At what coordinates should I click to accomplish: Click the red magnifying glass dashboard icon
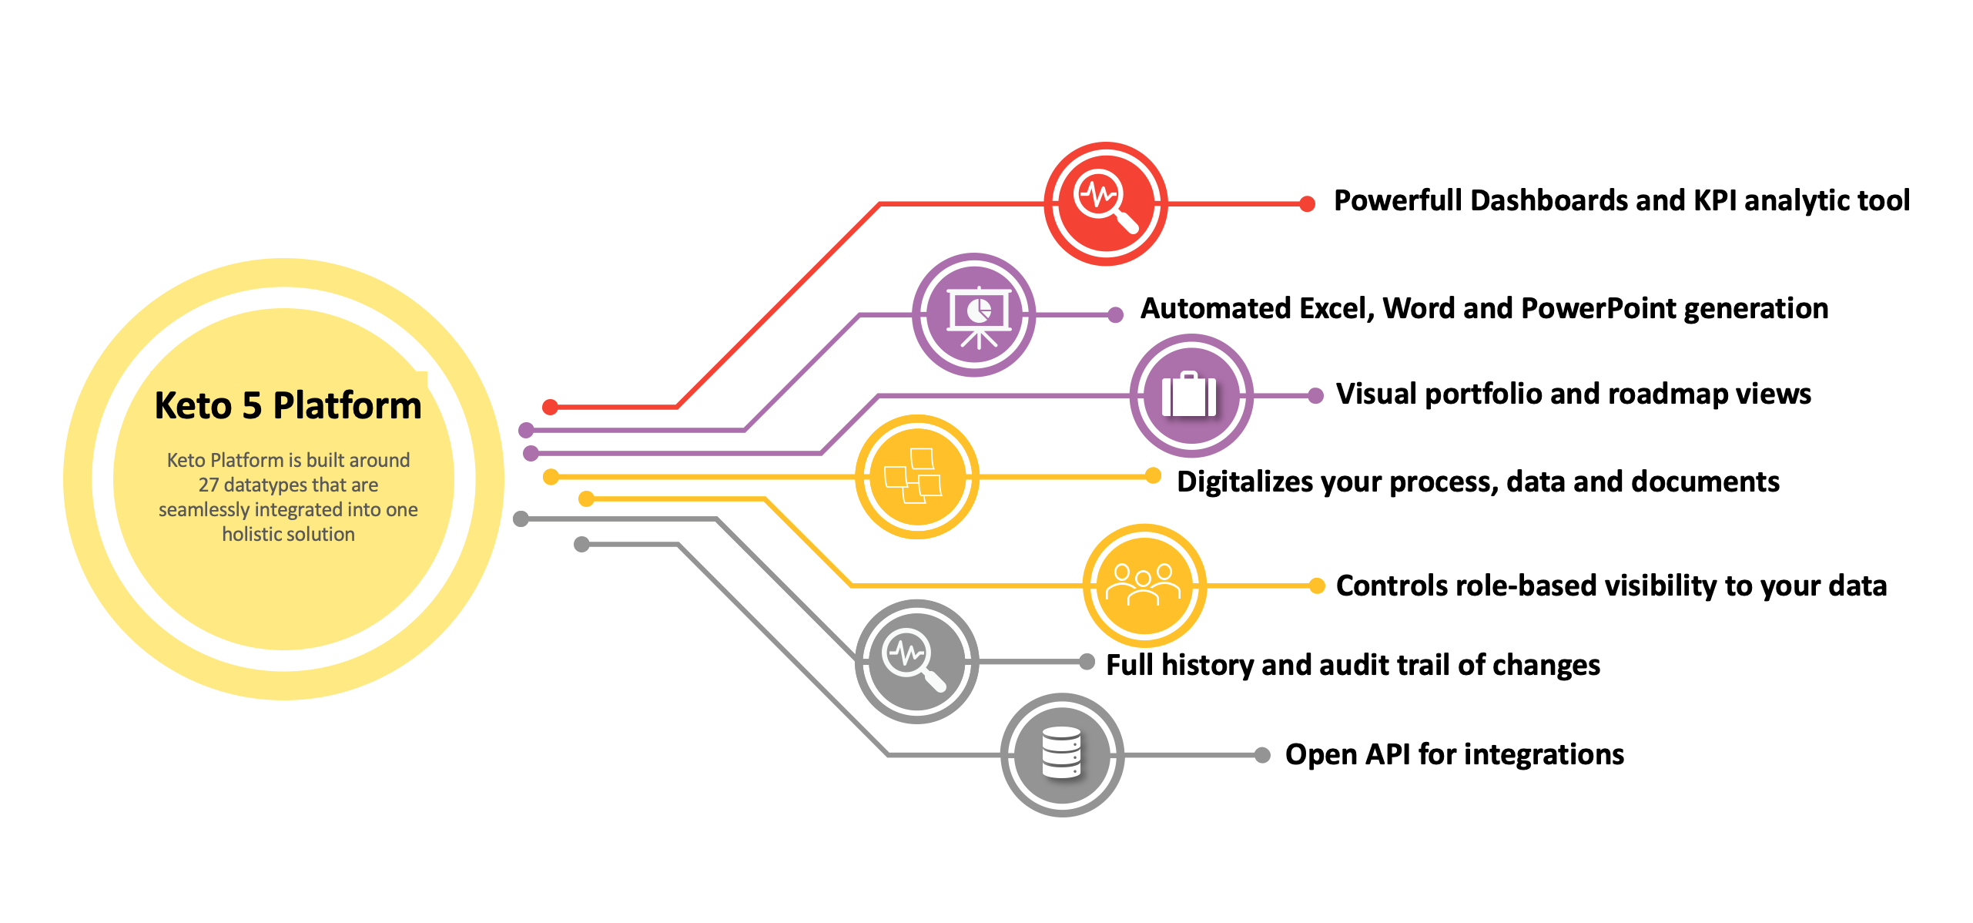tap(1106, 203)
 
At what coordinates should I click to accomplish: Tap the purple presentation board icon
tap(974, 315)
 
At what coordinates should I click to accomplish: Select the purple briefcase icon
tap(1191, 396)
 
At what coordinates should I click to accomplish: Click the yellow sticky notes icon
tap(917, 477)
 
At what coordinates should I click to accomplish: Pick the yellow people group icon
tap(1144, 586)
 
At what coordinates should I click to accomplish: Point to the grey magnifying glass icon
tap(916, 661)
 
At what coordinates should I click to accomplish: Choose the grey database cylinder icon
tap(1062, 755)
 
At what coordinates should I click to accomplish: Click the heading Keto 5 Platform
tap(288, 405)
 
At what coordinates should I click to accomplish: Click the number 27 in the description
tap(208, 485)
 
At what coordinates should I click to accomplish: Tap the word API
tap(1388, 754)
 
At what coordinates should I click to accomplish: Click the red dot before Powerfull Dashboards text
tap(1307, 203)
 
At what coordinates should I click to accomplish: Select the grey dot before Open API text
tap(1262, 755)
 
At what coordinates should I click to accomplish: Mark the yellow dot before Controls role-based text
tap(1317, 586)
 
